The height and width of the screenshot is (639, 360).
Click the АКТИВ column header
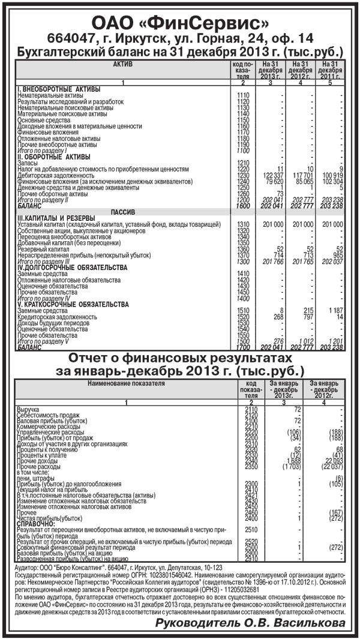(x=122, y=64)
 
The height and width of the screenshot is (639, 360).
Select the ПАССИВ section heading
(x=122, y=212)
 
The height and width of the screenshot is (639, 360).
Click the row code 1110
(x=243, y=95)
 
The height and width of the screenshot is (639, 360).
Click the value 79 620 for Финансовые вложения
(x=274, y=181)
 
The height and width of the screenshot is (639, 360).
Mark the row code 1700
(x=243, y=347)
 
